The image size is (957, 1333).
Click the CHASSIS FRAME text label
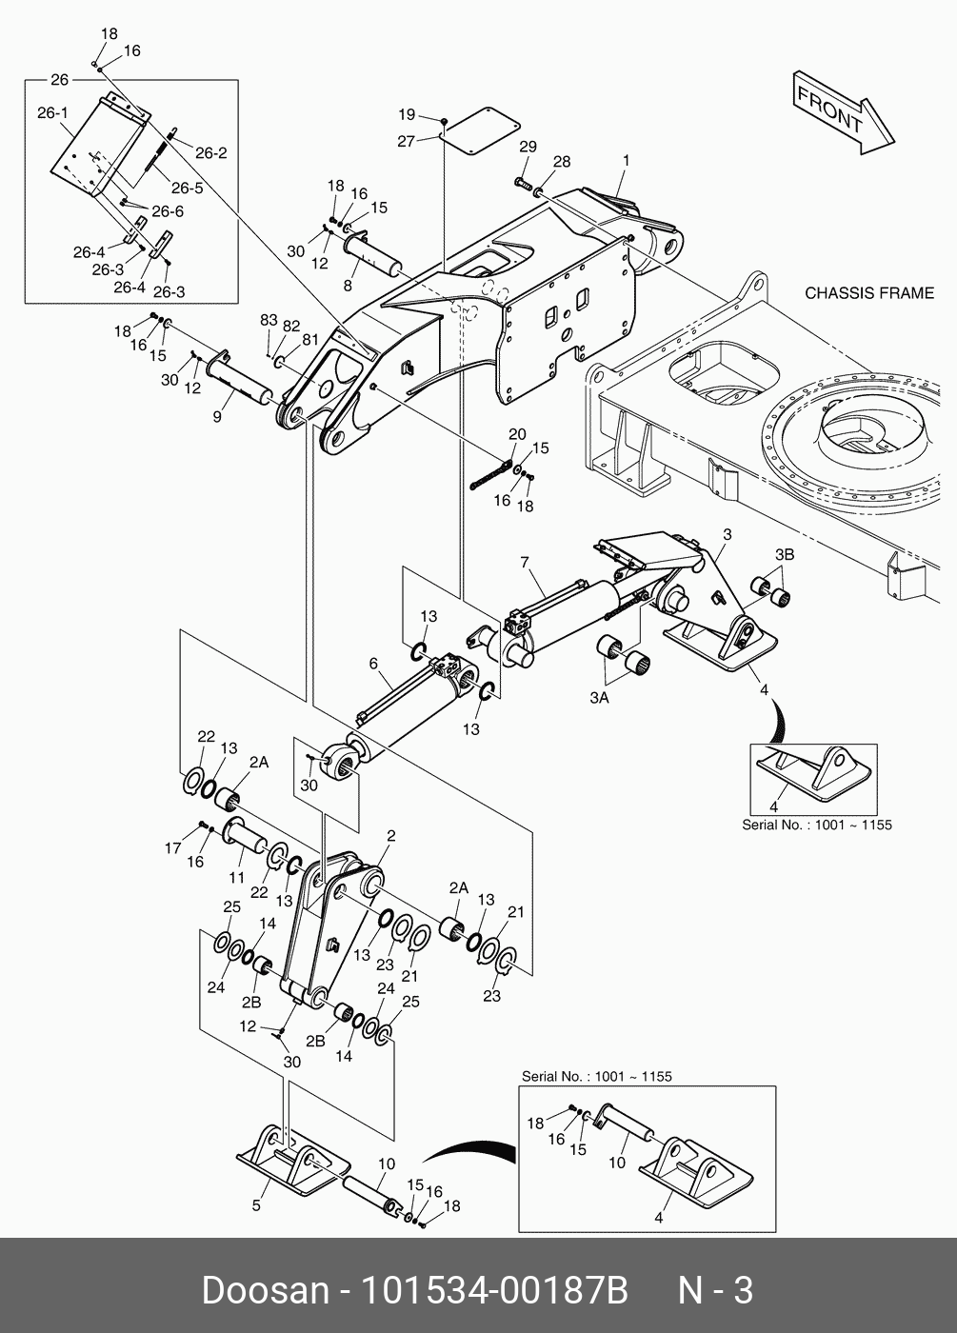pyautogui.click(x=869, y=292)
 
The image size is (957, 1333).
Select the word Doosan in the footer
pyautogui.click(x=264, y=1290)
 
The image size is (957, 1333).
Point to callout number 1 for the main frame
pyautogui.click(x=626, y=161)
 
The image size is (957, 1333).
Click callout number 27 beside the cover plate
pyautogui.click(x=407, y=141)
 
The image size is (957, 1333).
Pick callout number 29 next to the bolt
pyautogui.click(x=527, y=147)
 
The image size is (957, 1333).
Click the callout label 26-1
pyautogui.click(x=52, y=113)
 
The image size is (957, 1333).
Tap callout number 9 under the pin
pyautogui.click(x=217, y=416)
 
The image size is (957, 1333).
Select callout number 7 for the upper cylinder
pyautogui.click(x=524, y=563)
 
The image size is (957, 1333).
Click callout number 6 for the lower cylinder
pyautogui.click(x=373, y=663)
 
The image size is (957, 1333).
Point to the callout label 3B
pyautogui.click(x=784, y=554)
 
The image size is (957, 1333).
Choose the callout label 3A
pyautogui.click(x=599, y=698)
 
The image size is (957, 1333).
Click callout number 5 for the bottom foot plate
pyautogui.click(x=256, y=1206)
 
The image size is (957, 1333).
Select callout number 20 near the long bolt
pyautogui.click(x=517, y=434)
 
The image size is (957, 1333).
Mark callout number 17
pyautogui.click(x=171, y=848)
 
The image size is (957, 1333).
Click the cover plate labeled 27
pyautogui.click(x=481, y=128)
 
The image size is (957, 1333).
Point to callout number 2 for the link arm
pyautogui.click(x=390, y=836)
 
